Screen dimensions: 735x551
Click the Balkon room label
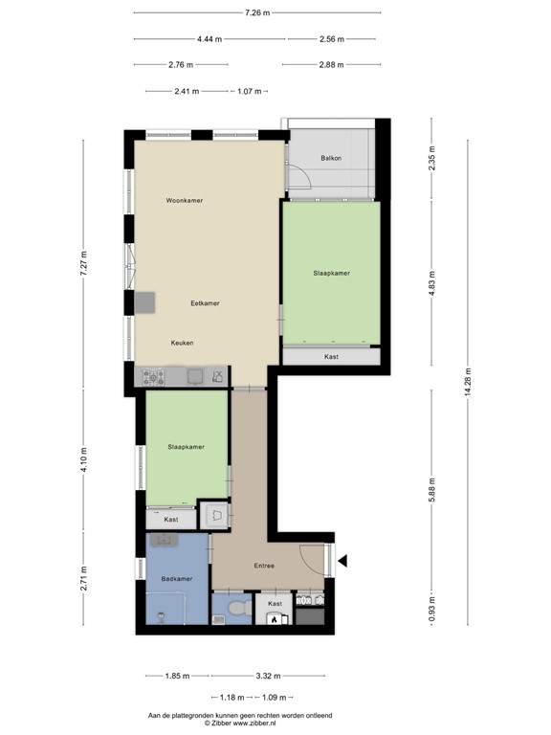click(331, 158)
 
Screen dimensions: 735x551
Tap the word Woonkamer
click(185, 201)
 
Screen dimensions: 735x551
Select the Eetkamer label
click(205, 303)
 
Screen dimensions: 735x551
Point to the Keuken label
click(183, 343)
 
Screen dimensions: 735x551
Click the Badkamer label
click(177, 579)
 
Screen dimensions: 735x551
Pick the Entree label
click(264, 566)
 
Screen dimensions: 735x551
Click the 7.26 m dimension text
click(257, 12)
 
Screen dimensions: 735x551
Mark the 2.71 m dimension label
click(84, 578)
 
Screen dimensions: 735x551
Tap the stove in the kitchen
click(154, 377)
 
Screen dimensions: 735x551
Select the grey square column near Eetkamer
click(144, 302)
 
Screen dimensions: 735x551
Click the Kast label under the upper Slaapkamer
click(331, 357)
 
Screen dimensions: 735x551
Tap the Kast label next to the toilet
click(275, 604)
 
